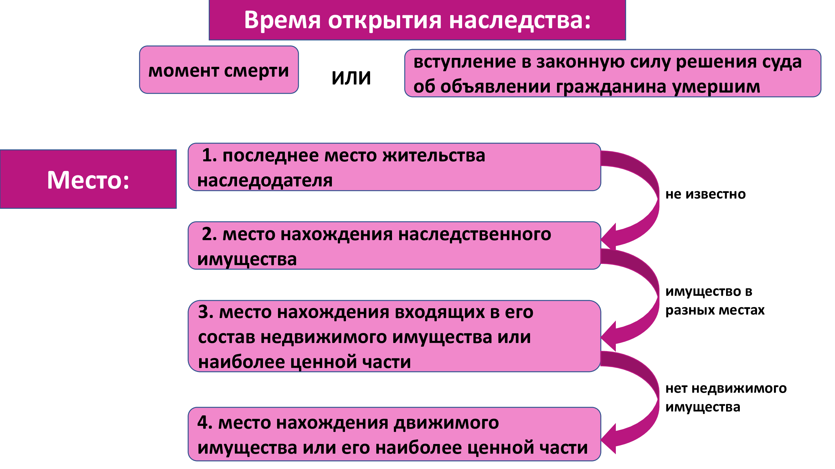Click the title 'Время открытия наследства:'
(417, 20)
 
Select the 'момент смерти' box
(219, 70)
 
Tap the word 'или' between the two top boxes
(351, 77)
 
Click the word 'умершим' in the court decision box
(716, 87)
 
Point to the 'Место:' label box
(88, 179)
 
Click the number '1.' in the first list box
(209, 155)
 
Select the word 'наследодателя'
(265, 181)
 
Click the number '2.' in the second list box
(209, 234)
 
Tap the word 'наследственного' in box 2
(475, 234)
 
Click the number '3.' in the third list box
(206, 312)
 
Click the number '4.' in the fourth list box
(205, 422)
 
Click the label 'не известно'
(706, 194)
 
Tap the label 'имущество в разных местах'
(715, 301)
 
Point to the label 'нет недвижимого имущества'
(726, 397)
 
